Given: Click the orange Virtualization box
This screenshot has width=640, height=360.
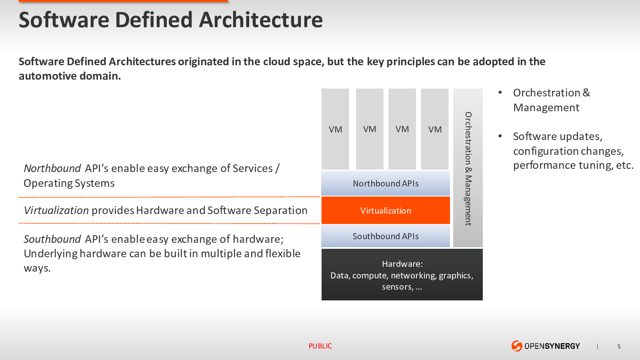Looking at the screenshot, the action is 386,210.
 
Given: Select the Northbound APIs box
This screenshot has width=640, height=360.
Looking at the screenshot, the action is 386,183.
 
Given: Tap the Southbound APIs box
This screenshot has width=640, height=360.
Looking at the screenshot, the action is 386,236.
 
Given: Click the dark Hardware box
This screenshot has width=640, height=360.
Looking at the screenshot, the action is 402,274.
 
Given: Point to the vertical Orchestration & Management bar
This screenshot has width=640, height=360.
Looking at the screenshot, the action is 468,168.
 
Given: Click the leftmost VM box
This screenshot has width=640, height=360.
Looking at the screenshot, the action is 335,129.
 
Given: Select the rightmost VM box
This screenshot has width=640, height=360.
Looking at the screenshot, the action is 434,129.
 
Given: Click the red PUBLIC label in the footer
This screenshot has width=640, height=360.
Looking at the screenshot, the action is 320,346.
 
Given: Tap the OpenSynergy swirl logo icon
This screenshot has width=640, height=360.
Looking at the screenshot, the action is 516,346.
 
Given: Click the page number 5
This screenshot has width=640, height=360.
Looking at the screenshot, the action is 619,346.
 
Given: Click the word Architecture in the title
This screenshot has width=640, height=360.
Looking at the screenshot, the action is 261,20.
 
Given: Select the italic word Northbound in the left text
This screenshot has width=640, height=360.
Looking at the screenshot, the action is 52,168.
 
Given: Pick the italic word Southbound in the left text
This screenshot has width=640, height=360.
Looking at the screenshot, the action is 52,239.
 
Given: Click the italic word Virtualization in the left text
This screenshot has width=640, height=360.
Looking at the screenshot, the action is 56,210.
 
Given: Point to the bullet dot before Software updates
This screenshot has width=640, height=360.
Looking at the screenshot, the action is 500,136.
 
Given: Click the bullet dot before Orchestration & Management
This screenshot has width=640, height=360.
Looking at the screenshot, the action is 500,92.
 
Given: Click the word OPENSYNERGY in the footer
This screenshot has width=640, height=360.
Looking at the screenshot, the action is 552,346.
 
